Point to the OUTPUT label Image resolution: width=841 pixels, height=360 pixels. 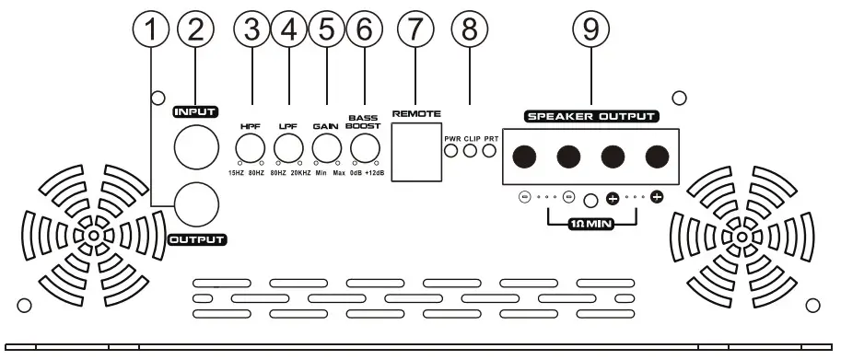click(197, 240)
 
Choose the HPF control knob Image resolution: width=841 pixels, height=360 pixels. click(250, 148)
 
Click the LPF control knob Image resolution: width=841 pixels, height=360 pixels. click(288, 148)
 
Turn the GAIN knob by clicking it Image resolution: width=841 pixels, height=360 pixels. click(326, 148)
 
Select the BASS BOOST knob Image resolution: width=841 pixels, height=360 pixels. click(365, 148)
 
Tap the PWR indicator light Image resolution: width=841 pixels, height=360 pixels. click(451, 150)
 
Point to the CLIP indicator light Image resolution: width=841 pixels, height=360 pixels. click(471, 150)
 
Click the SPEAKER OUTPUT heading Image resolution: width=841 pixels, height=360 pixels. click(591, 117)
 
